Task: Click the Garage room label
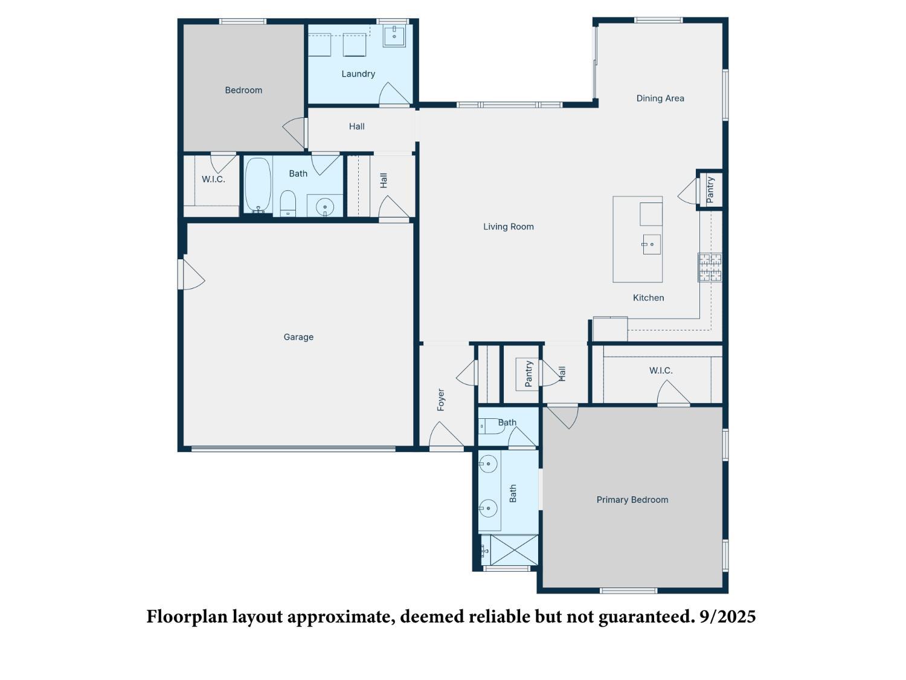pyautogui.click(x=298, y=337)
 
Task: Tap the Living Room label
pyautogui.click(x=508, y=227)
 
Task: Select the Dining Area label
pyautogui.click(x=660, y=99)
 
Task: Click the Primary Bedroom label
pyautogui.click(x=632, y=500)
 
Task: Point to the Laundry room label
pyautogui.click(x=358, y=74)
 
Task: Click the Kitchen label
pyautogui.click(x=648, y=298)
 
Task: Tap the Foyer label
pyautogui.click(x=441, y=400)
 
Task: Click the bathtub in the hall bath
pyautogui.click(x=258, y=184)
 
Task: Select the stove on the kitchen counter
pyautogui.click(x=710, y=267)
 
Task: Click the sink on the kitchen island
pyautogui.click(x=651, y=244)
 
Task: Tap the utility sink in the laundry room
pyautogui.click(x=394, y=36)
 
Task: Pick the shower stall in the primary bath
pyautogui.click(x=513, y=550)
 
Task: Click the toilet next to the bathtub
pyautogui.click(x=288, y=202)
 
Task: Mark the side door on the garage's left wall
pyautogui.click(x=190, y=275)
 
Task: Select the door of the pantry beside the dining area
pyautogui.click(x=689, y=192)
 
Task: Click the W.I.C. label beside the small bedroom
pyautogui.click(x=213, y=180)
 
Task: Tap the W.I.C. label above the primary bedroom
pyautogui.click(x=661, y=371)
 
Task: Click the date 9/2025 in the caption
pyautogui.click(x=727, y=617)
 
